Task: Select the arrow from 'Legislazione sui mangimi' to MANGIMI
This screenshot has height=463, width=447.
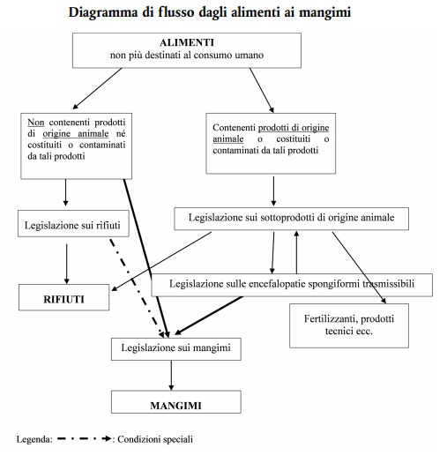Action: [x=171, y=376]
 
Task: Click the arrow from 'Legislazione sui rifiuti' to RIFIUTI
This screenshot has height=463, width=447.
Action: [x=67, y=262]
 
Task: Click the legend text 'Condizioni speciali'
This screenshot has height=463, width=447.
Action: [x=154, y=438]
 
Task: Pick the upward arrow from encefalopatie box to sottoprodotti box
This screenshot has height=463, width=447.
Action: [x=297, y=251]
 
